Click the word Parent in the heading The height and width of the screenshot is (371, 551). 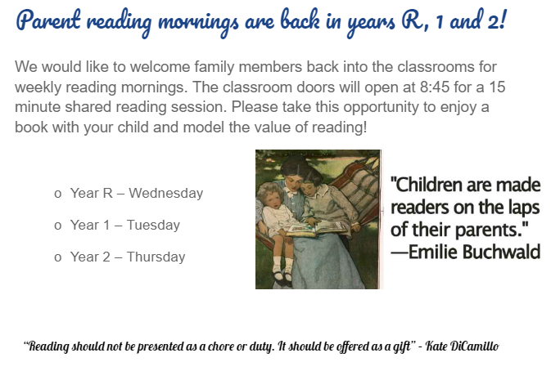pyautogui.click(x=48, y=20)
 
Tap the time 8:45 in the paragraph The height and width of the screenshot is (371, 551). pyautogui.click(x=435, y=87)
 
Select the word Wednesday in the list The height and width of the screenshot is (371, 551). pyautogui.click(x=166, y=193)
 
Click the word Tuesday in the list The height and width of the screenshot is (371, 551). pyautogui.click(x=153, y=225)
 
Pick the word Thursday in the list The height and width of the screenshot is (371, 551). pyautogui.click(x=156, y=257)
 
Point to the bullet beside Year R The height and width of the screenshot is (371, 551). pyautogui.click(x=58, y=194)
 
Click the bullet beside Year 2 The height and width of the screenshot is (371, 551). pyautogui.click(x=58, y=257)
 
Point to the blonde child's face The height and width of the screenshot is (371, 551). pyautogui.click(x=273, y=198)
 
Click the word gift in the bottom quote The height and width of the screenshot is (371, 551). pyautogui.click(x=403, y=346)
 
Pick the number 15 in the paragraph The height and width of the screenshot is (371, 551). pyautogui.click(x=497, y=87)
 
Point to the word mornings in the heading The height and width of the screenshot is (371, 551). pyautogui.click(x=198, y=22)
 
